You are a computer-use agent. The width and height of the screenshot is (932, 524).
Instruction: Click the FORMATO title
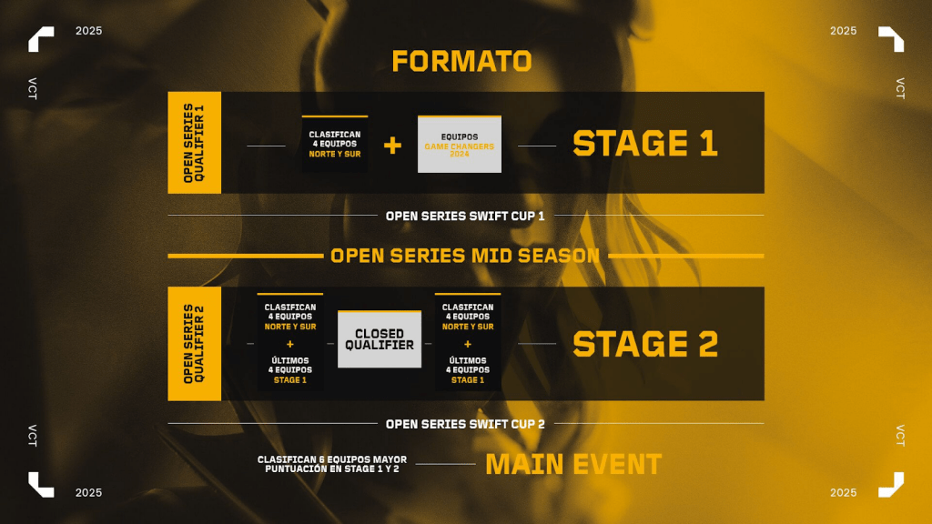461,61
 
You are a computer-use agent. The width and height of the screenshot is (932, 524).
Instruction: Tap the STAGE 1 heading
645,144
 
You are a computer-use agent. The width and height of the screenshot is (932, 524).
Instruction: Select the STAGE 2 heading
645,345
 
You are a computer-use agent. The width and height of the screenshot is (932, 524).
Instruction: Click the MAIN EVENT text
573,465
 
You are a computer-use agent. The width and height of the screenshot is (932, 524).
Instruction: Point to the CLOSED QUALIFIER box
380,339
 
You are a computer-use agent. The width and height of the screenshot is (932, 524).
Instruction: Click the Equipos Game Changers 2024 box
460,145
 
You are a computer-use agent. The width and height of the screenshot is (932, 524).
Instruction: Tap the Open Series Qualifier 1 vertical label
195,143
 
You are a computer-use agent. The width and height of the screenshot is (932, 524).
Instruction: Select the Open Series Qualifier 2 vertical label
195,344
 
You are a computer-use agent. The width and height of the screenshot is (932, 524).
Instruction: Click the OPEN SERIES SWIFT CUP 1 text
465,217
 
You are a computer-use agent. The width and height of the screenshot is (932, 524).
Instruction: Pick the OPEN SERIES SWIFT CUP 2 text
465,424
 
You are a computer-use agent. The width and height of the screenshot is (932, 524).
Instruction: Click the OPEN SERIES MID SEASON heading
465,256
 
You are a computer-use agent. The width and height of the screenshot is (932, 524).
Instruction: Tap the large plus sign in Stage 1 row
392,145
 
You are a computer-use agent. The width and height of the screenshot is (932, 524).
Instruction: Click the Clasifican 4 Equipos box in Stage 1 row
335,145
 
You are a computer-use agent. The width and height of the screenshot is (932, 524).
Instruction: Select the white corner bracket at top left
41,39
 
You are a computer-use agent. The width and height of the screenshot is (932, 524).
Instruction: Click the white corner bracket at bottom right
891,485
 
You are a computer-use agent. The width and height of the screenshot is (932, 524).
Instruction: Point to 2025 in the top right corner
844,31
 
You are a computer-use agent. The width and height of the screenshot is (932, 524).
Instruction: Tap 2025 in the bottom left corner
88,493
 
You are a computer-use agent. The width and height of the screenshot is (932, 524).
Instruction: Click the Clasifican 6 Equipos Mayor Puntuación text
332,464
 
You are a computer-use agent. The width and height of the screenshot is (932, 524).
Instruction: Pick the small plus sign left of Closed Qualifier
290,344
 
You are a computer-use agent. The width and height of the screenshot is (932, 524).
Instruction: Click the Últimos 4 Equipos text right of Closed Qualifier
468,370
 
